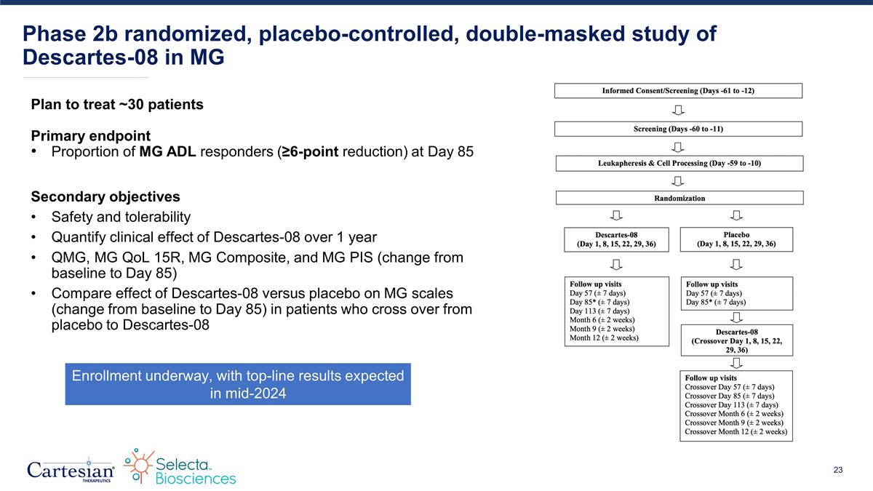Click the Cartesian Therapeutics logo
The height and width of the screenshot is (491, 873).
71,468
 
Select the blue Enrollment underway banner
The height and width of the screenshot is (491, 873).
238,384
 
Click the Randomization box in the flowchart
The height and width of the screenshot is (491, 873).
679,198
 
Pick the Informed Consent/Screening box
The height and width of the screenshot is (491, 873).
678,91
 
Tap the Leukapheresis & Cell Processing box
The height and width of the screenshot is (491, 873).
679,163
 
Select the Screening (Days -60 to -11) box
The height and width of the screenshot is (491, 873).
678,129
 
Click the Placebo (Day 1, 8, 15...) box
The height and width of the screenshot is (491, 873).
736,239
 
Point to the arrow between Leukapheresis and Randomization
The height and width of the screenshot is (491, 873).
678,180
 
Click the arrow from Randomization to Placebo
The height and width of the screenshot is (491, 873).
736,215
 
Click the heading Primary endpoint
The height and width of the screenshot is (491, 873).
90,136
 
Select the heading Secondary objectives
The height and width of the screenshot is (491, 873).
105,197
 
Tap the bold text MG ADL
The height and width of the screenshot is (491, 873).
168,152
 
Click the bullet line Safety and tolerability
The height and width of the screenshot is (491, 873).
121,217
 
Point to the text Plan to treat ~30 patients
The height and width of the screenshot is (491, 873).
117,105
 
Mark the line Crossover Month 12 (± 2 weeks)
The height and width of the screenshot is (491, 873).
736,431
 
